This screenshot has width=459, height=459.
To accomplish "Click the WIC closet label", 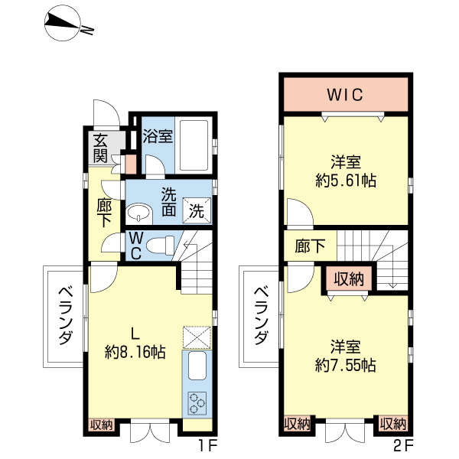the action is [345, 95].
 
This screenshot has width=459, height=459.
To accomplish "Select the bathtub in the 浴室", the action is [194, 145].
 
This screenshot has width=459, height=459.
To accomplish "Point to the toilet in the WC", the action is [160, 245].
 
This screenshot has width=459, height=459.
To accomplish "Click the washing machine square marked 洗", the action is [197, 210].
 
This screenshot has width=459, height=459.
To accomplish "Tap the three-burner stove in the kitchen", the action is [197, 403].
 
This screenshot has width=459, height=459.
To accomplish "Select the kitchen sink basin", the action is [197, 366].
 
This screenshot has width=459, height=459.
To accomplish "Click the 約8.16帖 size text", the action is [135, 352].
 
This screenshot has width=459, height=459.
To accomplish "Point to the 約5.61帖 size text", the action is [346, 181].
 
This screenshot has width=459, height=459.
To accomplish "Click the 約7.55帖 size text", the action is [346, 365].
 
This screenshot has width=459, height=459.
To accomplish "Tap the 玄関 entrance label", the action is [101, 148].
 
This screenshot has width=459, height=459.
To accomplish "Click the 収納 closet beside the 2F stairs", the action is [349, 278].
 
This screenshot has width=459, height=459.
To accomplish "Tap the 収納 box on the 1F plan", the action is [101, 425].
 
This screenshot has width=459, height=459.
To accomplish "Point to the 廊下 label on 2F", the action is [310, 246].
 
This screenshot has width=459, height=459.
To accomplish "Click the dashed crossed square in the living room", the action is [197, 337].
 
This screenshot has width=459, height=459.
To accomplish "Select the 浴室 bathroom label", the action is [158, 136].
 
